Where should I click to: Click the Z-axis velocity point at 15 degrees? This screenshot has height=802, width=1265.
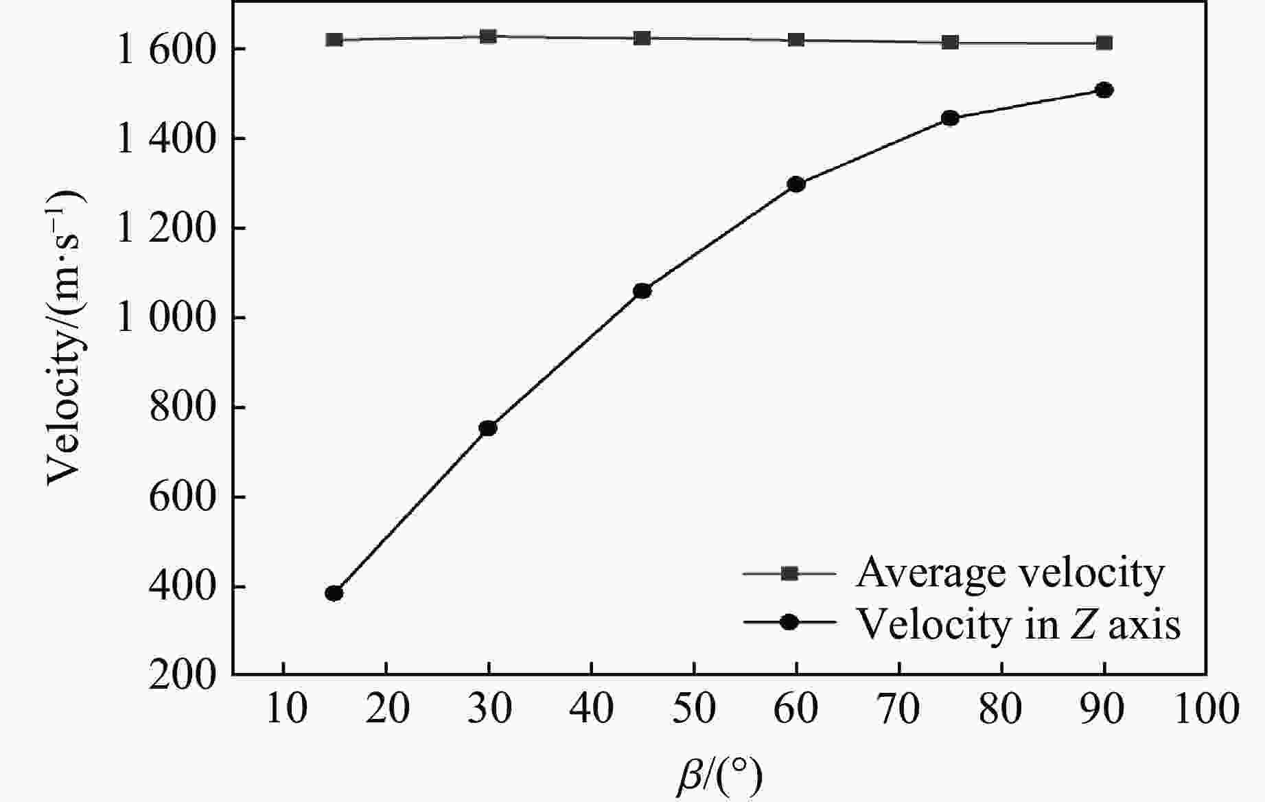(x=334, y=593)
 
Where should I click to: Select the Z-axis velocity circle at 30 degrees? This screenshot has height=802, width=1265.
(x=488, y=428)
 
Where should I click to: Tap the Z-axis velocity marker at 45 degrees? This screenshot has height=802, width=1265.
(x=642, y=291)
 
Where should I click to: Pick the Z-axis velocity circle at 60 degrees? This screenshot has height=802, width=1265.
(x=796, y=184)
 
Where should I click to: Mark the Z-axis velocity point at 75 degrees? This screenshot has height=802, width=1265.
(x=950, y=118)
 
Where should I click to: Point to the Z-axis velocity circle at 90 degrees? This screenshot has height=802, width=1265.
(x=1104, y=90)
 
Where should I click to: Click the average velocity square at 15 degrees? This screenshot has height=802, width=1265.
(x=334, y=40)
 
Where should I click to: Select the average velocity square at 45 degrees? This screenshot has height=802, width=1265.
(x=642, y=38)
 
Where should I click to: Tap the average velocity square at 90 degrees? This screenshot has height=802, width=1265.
(x=1104, y=43)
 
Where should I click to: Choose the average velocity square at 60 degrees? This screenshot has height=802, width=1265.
(x=796, y=40)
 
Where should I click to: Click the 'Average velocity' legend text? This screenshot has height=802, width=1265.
(x=1010, y=573)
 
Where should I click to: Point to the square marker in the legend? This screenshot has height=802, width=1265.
(x=790, y=573)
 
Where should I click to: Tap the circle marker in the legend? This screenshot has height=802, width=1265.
(x=790, y=622)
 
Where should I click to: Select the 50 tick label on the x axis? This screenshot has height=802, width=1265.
(x=694, y=708)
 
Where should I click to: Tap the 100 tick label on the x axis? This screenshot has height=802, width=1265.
(x=1206, y=708)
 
